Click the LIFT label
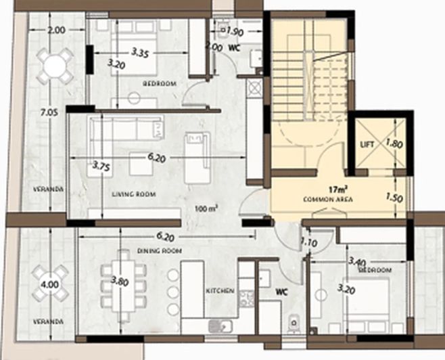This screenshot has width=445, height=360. (x=367, y=143)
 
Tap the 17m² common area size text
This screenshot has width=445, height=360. (x=338, y=191)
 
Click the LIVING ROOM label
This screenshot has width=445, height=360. (x=133, y=195)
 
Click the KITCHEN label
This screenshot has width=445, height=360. (x=220, y=291)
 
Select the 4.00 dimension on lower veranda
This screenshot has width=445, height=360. (x=49, y=277)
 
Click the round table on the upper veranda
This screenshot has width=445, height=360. (x=54, y=66)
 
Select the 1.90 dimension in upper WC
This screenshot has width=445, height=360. (x=235, y=32)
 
